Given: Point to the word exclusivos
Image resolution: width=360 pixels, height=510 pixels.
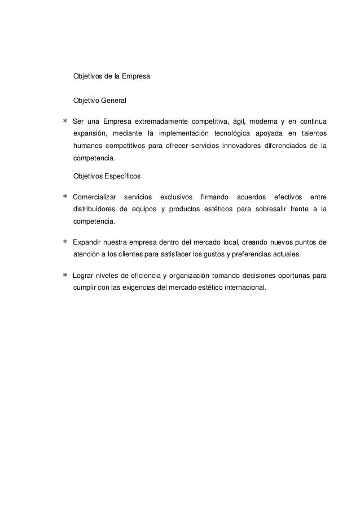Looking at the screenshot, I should tap(176, 196).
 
